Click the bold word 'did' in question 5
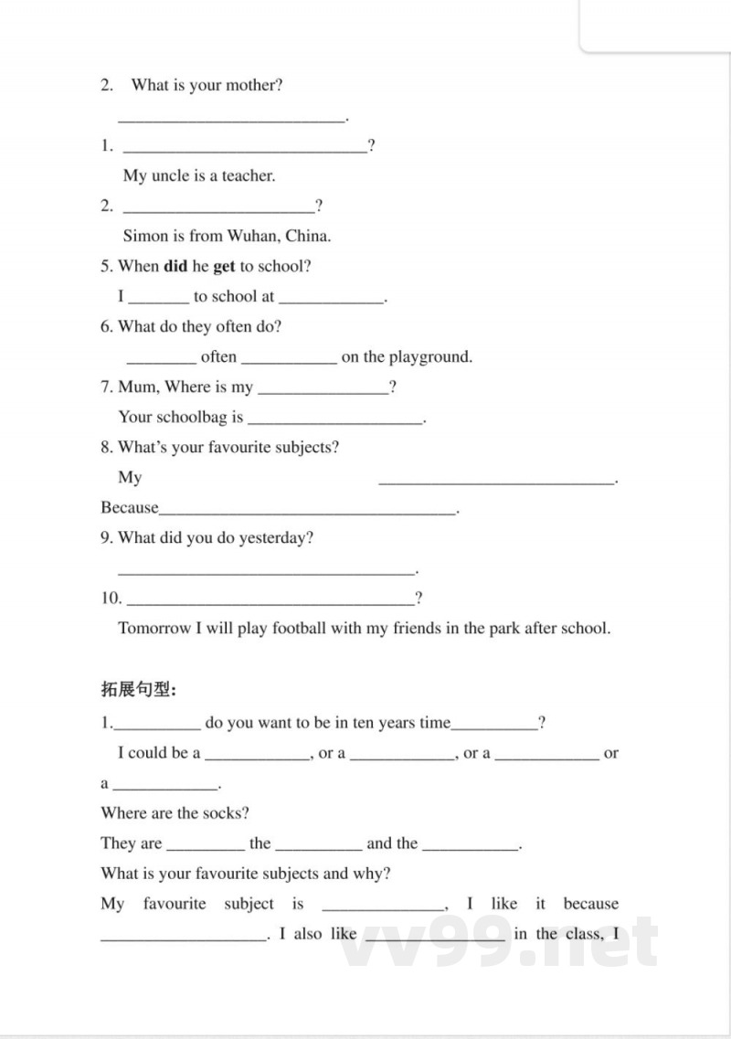[x=175, y=266]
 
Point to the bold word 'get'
[x=225, y=266]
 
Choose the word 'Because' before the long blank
[x=129, y=507]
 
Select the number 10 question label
[x=111, y=599]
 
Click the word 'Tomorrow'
[x=154, y=628]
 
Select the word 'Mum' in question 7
[x=137, y=387]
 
